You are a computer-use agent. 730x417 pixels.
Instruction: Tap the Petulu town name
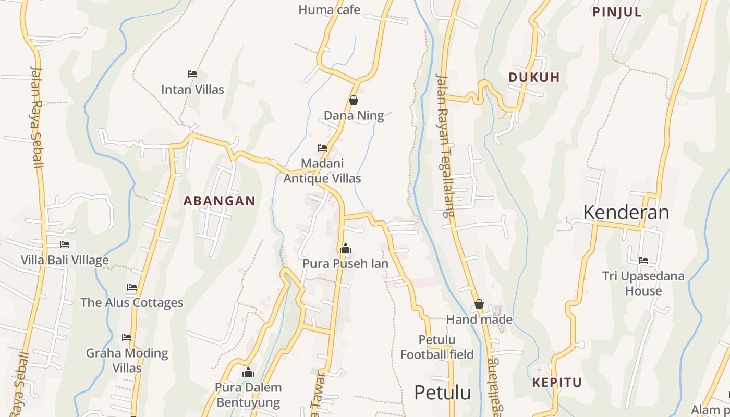tap(442, 393)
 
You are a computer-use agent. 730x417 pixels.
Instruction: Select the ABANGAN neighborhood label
tap(220, 201)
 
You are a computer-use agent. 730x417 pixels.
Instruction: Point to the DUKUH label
tap(534, 77)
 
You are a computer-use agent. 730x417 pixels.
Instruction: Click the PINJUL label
tap(617, 12)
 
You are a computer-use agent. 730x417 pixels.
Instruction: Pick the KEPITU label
tap(557, 383)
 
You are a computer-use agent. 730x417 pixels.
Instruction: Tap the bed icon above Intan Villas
tap(192, 74)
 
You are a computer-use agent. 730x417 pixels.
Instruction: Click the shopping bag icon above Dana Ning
tap(354, 100)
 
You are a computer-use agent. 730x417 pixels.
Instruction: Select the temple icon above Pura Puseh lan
tap(345, 249)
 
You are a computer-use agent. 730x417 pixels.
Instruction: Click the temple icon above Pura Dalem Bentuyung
tap(248, 372)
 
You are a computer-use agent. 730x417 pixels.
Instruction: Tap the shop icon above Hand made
tap(479, 304)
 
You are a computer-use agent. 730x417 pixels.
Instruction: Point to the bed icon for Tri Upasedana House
tap(643, 261)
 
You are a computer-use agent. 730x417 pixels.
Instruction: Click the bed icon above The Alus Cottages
tap(132, 287)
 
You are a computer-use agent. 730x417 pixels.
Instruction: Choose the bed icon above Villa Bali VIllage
tap(65, 244)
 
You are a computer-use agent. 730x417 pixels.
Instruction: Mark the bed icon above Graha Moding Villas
tap(127, 338)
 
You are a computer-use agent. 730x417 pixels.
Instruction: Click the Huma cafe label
tap(329, 9)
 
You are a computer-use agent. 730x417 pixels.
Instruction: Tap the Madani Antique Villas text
tap(322, 171)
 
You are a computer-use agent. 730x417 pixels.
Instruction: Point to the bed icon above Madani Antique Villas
tap(322, 148)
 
